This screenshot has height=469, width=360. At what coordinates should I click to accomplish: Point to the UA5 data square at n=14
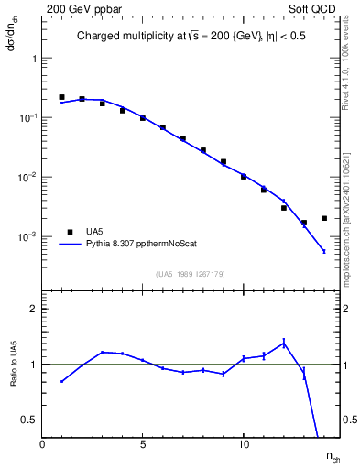(324, 218)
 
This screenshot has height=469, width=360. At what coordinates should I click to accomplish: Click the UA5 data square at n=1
(61, 97)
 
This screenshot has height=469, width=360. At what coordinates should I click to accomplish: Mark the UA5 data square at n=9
(224, 162)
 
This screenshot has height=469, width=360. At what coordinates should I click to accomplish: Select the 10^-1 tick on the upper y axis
(28, 117)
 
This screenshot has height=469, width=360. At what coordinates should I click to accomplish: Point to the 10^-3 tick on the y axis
(28, 236)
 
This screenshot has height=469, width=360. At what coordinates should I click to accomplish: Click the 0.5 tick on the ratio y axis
(28, 420)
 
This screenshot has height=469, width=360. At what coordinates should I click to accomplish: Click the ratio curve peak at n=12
(284, 343)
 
